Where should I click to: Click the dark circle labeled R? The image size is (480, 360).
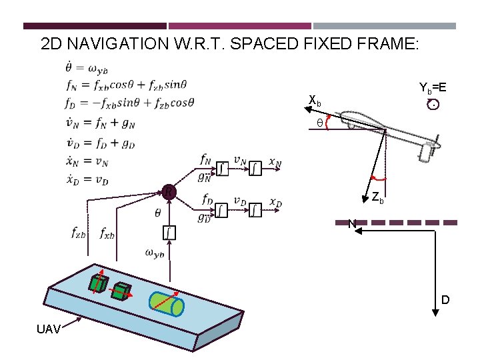tap(170, 192)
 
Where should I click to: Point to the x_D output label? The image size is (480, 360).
tap(275, 201)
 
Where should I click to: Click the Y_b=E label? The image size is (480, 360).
tap(433, 88)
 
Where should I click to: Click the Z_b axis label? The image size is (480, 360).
tap(377, 198)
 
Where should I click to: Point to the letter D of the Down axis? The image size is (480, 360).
tap(445, 300)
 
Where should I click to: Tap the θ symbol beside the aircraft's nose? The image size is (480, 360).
tap(319, 123)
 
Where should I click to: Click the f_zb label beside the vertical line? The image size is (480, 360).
tap(78, 233)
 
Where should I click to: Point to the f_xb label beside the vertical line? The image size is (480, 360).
tap(107, 233)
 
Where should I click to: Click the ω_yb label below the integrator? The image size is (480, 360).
tap(154, 253)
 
